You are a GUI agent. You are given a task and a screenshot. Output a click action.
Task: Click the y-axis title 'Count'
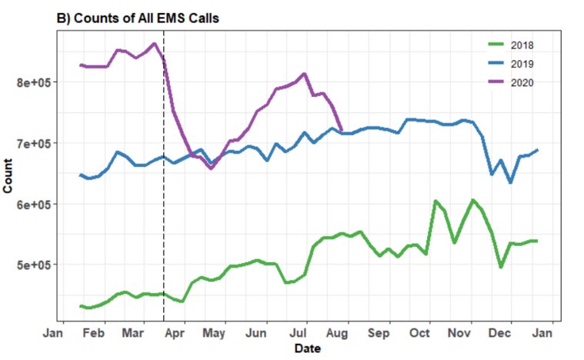click(8, 178)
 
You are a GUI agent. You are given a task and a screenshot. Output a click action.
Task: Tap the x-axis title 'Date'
click(307, 349)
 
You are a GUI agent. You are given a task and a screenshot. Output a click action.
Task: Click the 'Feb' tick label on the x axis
click(93, 333)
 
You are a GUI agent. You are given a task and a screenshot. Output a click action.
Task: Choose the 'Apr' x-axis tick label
click(174, 333)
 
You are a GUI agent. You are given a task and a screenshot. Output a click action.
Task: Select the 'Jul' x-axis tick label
click(298, 333)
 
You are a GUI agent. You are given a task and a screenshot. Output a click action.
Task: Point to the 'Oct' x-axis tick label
click(419, 333)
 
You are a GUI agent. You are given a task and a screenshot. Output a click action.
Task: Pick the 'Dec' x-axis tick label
click(500, 333)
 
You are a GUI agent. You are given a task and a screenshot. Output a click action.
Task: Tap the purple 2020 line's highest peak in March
click(154, 44)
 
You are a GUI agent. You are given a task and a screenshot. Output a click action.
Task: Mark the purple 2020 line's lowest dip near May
click(211, 168)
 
